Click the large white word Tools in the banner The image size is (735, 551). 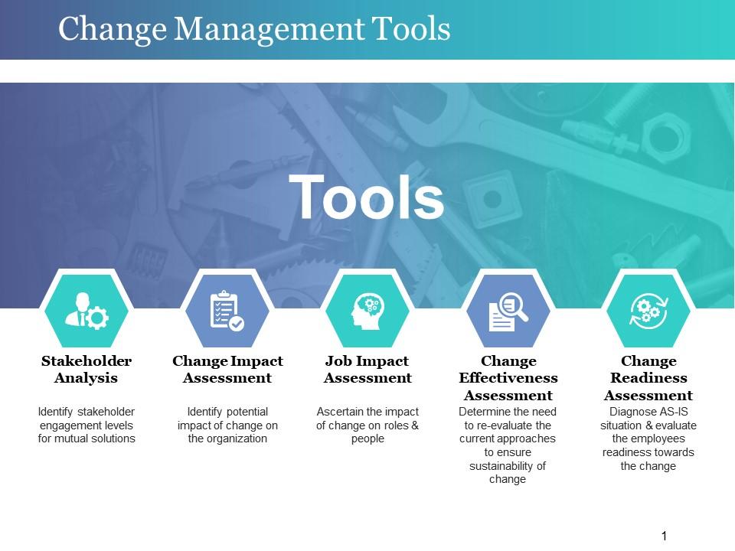click(366, 197)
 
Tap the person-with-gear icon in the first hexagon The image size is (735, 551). click(87, 311)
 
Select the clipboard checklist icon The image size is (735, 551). click(227, 311)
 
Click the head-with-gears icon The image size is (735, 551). click(368, 311)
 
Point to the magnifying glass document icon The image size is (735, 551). click(508, 311)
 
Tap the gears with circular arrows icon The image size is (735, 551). click(648, 311)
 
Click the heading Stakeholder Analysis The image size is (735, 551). click(87, 369)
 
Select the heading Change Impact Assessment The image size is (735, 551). click(227, 369)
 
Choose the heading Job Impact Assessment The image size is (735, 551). click(367, 369)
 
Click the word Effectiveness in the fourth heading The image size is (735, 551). click(508, 377)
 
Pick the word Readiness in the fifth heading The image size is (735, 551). click(648, 377)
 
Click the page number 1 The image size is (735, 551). click(664, 536)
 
